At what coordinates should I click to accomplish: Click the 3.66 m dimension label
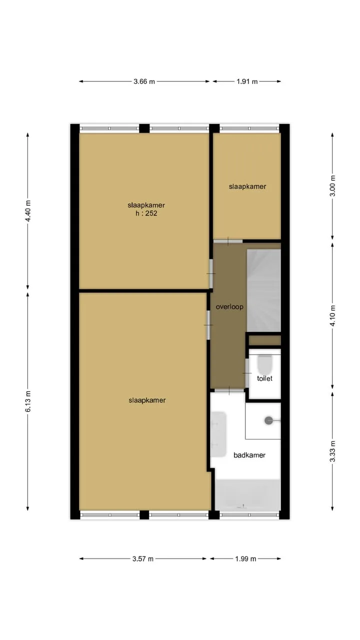coord(144,81)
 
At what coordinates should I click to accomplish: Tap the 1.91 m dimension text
coord(247,81)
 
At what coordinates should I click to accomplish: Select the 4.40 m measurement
coord(28,211)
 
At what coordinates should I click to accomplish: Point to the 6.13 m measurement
coord(28,401)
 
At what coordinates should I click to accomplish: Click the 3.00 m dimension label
coord(332,185)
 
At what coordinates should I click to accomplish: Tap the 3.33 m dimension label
coord(332,451)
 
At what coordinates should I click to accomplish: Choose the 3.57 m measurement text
coord(142,559)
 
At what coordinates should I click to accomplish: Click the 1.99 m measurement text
coord(245,559)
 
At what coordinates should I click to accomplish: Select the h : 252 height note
coord(146,213)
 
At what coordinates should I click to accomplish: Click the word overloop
coord(229,307)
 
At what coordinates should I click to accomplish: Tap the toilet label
coord(264,378)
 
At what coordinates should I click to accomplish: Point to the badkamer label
coord(249,455)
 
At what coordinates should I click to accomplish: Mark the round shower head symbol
coord(269,420)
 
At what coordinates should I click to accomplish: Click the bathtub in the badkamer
coord(247,494)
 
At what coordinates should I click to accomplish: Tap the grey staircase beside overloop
coord(263,290)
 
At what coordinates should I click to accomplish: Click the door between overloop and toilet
coord(247,373)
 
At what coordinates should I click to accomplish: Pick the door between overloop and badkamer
coord(229,390)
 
